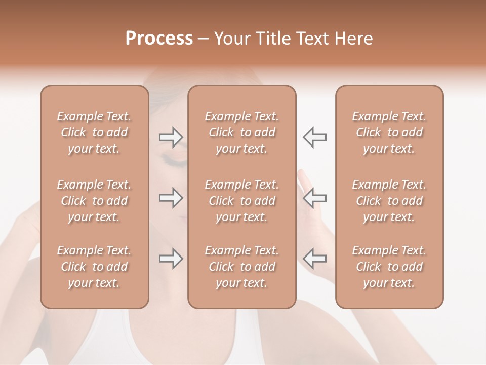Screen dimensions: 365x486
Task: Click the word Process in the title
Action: pyautogui.click(x=159, y=39)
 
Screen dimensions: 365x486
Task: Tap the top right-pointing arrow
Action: pyautogui.click(x=171, y=137)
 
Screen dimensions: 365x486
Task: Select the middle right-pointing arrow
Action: pyautogui.click(x=171, y=198)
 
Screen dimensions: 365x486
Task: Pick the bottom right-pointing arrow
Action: pyautogui.click(x=171, y=259)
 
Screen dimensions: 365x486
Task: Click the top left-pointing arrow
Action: pyautogui.click(x=314, y=137)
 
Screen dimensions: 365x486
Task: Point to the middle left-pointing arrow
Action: pyautogui.click(x=314, y=198)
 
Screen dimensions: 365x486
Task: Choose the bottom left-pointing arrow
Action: pyautogui.click(x=314, y=259)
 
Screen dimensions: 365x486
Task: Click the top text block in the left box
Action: pyautogui.click(x=94, y=132)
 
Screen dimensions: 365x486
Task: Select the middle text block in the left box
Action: pyautogui.click(x=94, y=201)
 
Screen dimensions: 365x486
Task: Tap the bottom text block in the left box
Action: pyautogui.click(x=94, y=267)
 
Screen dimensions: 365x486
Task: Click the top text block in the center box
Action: pyautogui.click(x=241, y=132)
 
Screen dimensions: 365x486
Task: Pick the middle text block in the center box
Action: pyautogui.click(x=241, y=201)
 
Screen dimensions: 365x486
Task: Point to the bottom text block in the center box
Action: pyautogui.click(x=241, y=267)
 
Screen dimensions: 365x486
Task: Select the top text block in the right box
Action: pyautogui.click(x=389, y=132)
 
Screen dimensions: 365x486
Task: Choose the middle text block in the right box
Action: pyautogui.click(x=389, y=201)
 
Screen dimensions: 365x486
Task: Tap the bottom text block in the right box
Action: pyautogui.click(x=389, y=267)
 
